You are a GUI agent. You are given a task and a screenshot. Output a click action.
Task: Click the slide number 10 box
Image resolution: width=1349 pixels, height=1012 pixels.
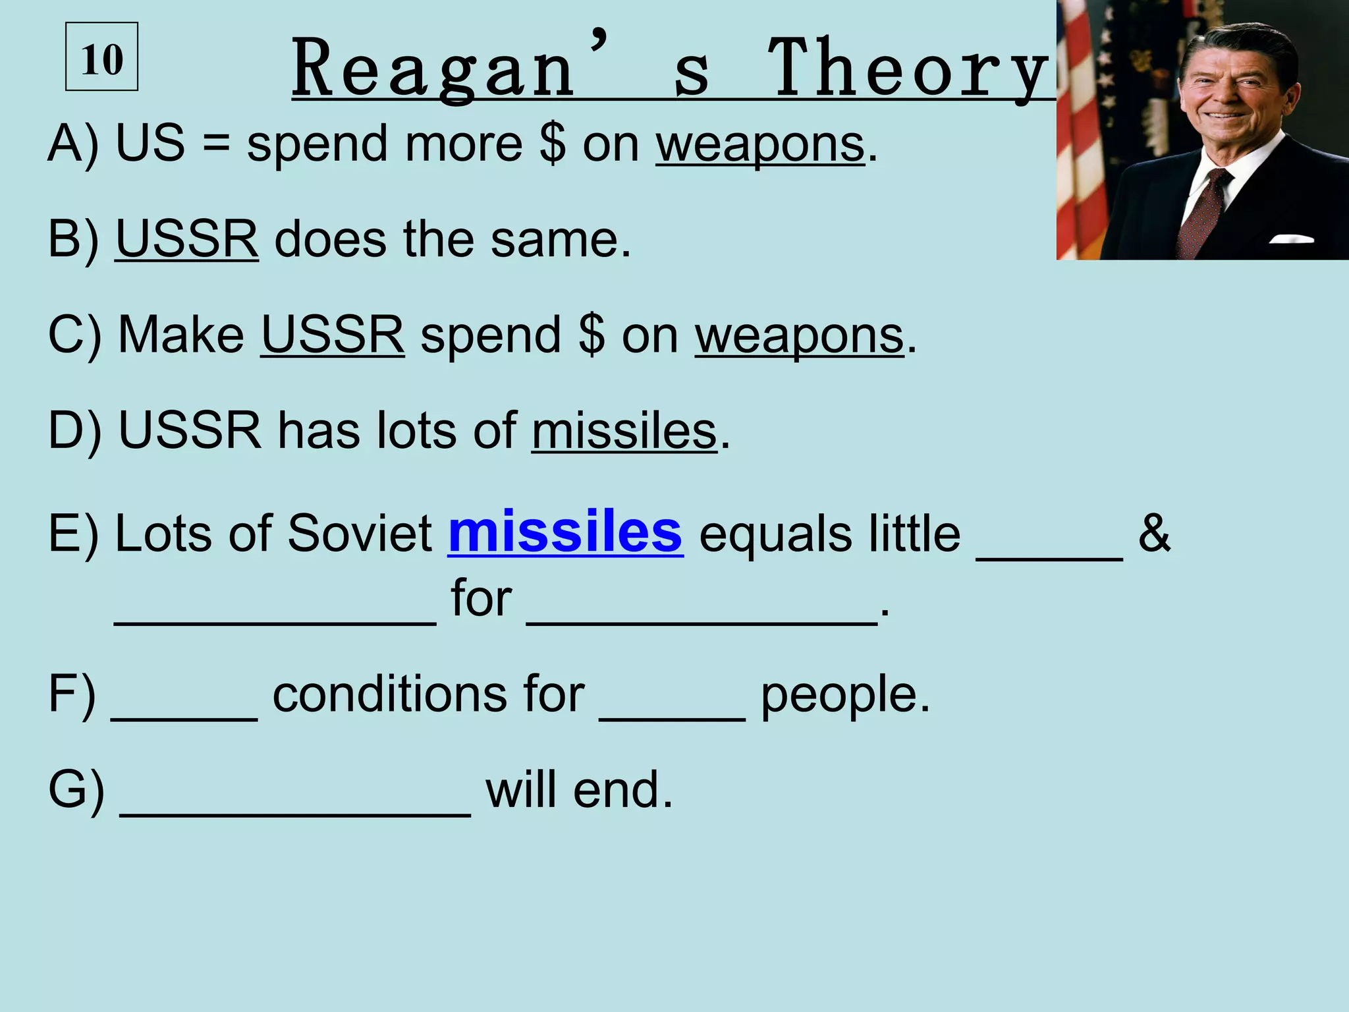tap(101, 57)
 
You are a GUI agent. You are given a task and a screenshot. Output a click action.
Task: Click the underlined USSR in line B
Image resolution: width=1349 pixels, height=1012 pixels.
tap(187, 239)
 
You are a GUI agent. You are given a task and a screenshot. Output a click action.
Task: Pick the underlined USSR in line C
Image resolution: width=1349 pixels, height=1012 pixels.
tap(333, 335)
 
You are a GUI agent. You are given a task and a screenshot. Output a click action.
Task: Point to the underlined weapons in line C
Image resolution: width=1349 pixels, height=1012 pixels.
tap(800, 336)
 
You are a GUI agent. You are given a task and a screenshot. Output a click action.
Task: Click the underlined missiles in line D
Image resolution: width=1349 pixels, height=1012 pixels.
tap(624, 431)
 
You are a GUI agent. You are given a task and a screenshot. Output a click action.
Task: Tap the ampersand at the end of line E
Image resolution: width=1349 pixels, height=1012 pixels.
tap(1154, 532)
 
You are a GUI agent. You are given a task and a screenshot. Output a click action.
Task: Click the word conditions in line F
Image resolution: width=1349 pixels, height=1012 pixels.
tap(428, 694)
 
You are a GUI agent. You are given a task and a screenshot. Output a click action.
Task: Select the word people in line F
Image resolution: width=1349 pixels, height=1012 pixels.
tap(845, 696)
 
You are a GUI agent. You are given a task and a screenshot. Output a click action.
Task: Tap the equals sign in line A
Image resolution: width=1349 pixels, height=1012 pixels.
tap(215, 145)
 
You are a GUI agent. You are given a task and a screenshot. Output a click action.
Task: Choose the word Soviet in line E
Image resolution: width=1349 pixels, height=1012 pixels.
tap(359, 532)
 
